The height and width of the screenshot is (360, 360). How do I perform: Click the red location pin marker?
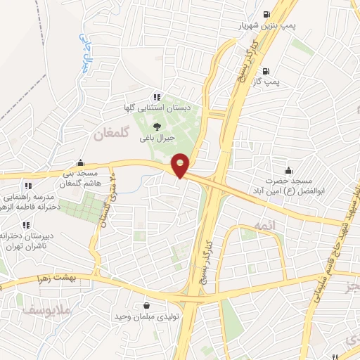(x=181, y=165)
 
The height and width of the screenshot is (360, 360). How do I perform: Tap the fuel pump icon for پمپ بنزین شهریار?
(x=266, y=14)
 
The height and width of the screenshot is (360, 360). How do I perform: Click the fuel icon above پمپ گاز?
(x=265, y=71)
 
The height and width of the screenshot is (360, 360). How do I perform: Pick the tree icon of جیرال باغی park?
(x=155, y=126)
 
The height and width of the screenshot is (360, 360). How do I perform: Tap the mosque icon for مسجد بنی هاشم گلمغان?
(x=82, y=162)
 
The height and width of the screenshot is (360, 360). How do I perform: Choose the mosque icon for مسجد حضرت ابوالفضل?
(x=288, y=170)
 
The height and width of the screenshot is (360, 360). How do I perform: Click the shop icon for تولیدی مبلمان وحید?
(x=146, y=306)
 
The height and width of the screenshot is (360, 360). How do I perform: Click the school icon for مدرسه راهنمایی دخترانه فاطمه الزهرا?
(x=27, y=186)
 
